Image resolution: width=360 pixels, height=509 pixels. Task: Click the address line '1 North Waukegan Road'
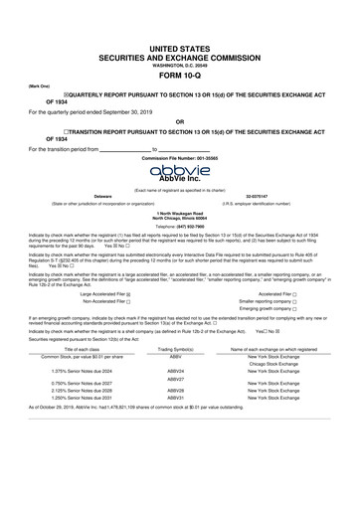pyautogui.click(x=180, y=211)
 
